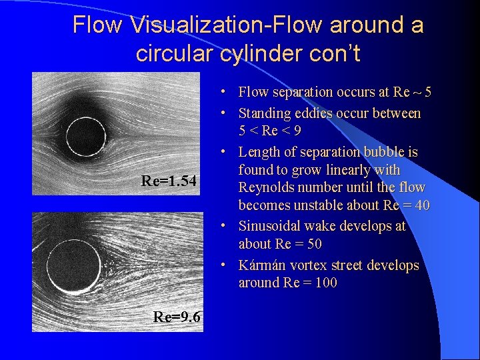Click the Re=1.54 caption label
click(169, 181)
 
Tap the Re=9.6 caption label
click(177, 317)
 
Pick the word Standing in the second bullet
click(263, 113)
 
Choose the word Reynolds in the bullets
click(267, 187)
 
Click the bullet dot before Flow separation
click(228, 92)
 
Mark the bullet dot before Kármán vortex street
click(228, 265)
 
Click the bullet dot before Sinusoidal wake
click(228, 226)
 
